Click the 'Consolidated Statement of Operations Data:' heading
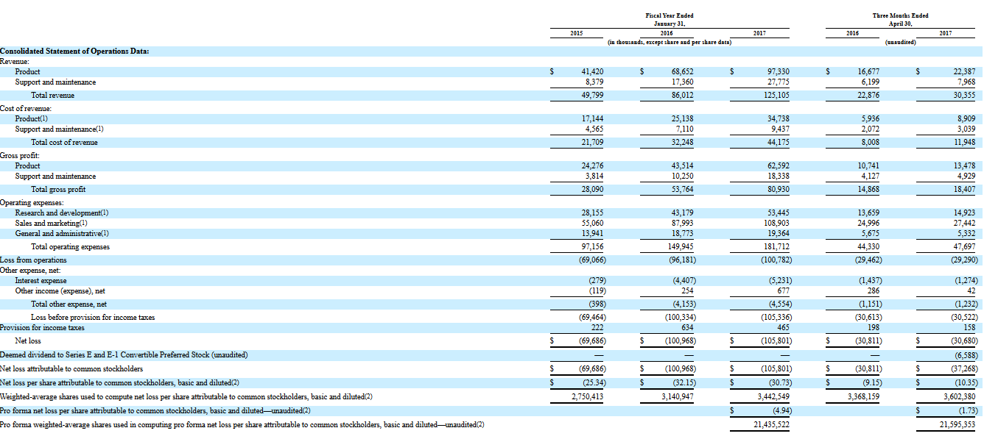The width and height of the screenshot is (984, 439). pyautogui.click(x=74, y=51)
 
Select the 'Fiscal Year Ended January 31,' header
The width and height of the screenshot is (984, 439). pyautogui.click(x=670, y=20)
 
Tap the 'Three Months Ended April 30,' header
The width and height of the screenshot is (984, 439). pyautogui.click(x=900, y=20)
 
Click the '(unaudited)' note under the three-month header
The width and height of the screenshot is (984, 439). pyautogui.click(x=900, y=43)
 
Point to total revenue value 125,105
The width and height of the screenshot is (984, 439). pyautogui.click(x=776, y=95)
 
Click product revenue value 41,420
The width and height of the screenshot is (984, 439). pyautogui.click(x=592, y=71)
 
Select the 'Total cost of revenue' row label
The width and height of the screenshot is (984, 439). pyautogui.click(x=64, y=143)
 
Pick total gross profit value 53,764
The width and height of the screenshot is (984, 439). pyautogui.click(x=682, y=190)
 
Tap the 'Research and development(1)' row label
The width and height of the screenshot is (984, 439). pyautogui.click(x=62, y=213)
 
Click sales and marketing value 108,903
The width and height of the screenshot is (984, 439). pyautogui.click(x=776, y=224)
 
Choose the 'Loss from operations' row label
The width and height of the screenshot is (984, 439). pyautogui.click(x=33, y=260)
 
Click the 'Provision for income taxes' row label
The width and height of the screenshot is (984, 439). pyautogui.click(x=42, y=328)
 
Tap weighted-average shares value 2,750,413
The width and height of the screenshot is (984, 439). pyautogui.click(x=587, y=397)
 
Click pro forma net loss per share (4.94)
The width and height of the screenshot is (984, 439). pyautogui.click(x=782, y=411)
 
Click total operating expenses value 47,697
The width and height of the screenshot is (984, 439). pyautogui.click(x=964, y=247)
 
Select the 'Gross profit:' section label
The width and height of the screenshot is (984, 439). pyautogui.click(x=20, y=156)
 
